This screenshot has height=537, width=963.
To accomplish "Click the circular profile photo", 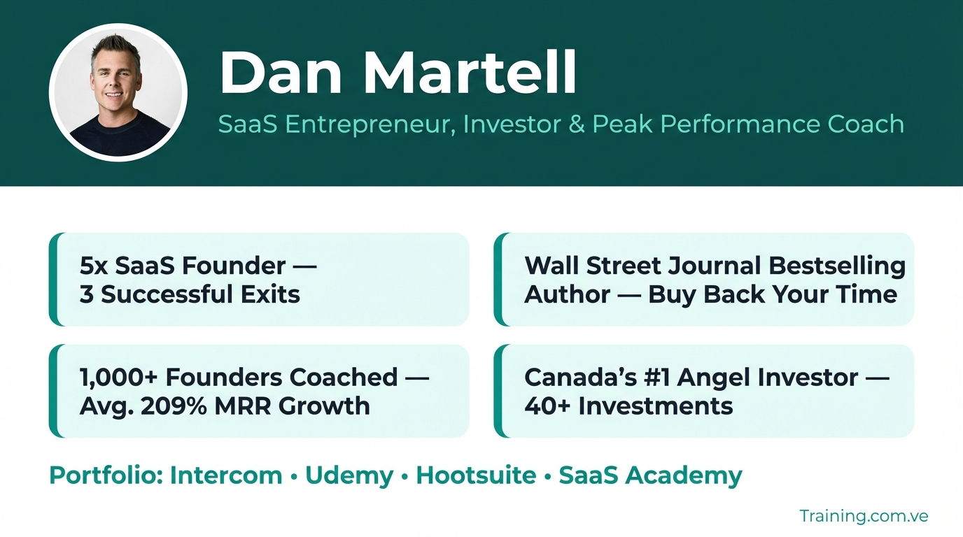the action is (118, 92).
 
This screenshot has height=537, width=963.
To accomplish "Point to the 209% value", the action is (174, 406).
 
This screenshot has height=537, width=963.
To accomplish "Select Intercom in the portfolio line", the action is (226, 475).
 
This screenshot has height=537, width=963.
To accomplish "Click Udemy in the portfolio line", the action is (349, 476).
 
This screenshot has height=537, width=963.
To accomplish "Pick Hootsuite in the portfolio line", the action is (476, 475).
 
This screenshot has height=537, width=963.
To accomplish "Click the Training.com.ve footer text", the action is (864, 516).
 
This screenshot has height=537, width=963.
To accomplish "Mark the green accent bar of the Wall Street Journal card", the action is (499, 279).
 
